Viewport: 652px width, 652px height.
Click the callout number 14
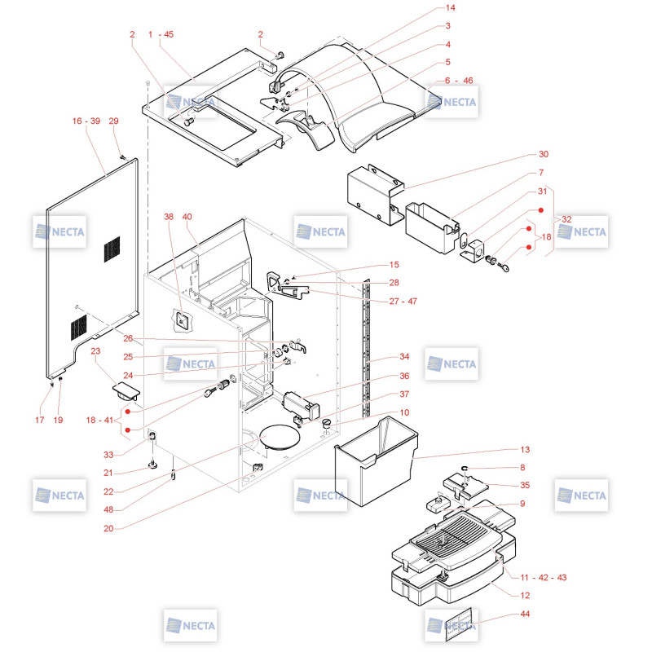coord(451,7)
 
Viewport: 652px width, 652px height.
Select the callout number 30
coord(544,154)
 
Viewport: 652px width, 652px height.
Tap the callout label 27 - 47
coord(403,301)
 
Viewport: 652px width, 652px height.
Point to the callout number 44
coord(525,614)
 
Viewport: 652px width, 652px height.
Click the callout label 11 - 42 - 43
coord(544,577)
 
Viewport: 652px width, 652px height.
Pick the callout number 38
coord(169,217)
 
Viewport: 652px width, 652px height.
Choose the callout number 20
coord(108,528)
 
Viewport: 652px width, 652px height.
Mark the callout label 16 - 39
coord(86,121)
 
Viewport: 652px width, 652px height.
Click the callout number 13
coord(525,450)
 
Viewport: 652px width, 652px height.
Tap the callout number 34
coord(404,356)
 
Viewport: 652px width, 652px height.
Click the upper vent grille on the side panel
coord(112,249)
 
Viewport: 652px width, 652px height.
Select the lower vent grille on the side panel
coord(78,328)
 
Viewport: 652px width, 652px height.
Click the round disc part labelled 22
coord(280,437)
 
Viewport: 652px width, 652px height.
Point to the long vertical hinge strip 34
coord(366,348)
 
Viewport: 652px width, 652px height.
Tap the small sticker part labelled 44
coord(458,624)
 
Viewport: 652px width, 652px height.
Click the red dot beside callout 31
coord(540,210)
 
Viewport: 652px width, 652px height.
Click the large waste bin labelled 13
coord(376,460)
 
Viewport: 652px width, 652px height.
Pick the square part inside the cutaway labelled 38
coord(182,320)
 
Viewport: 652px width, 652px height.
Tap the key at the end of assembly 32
coord(503,267)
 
